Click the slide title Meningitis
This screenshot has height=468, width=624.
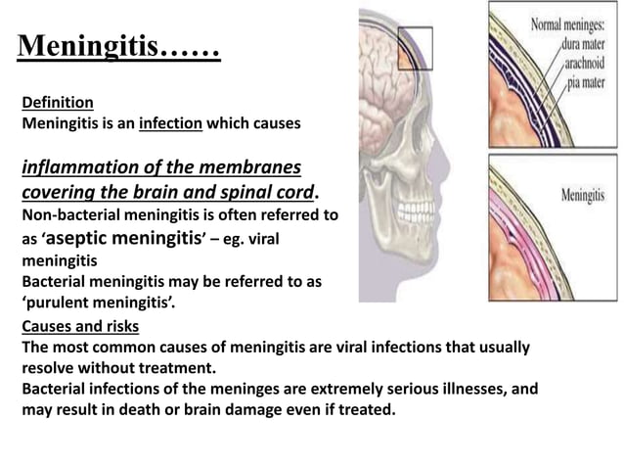118,45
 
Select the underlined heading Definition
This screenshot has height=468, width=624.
58,102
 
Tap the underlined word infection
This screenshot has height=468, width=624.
169,125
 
